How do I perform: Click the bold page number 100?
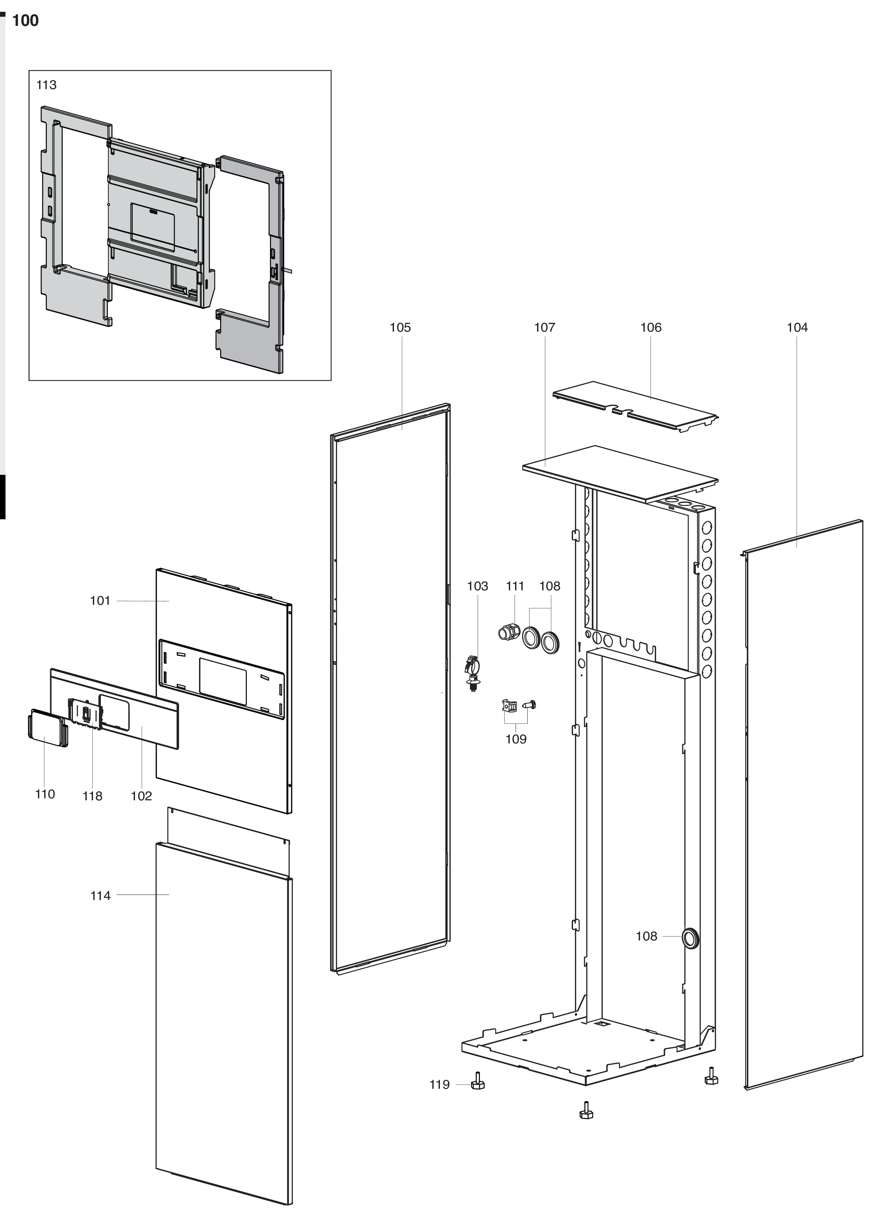(x=26, y=20)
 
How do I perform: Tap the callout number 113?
(x=46, y=85)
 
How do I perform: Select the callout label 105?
(x=400, y=327)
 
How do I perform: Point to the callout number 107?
(x=545, y=327)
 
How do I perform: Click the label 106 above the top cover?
(x=651, y=327)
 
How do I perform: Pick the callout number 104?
(x=797, y=327)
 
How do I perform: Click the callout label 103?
(x=478, y=586)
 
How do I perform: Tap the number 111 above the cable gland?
(x=515, y=586)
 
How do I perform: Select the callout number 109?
(x=516, y=739)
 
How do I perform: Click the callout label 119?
(x=439, y=1084)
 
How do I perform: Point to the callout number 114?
(x=100, y=896)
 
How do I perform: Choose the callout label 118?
(x=92, y=796)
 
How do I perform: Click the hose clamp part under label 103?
(x=472, y=673)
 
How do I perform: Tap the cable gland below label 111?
(x=509, y=632)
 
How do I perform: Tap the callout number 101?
(x=100, y=601)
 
